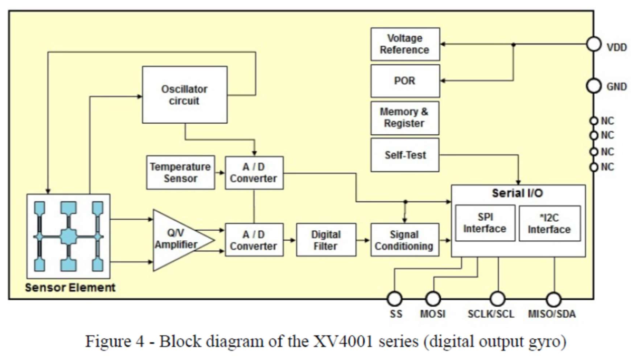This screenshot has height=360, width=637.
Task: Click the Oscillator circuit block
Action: coord(185,95)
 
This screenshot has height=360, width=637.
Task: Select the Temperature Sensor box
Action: coord(181,172)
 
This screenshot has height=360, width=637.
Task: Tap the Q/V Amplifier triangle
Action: coord(179,240)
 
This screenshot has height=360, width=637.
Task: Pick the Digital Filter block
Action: coord(326,240)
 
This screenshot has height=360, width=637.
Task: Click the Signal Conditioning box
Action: coord(404,240)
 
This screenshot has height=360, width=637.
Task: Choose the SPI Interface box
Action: coord(485,223)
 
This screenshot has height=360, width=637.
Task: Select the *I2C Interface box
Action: coord(549,223)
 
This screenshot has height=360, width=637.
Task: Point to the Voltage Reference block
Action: coord(405,44)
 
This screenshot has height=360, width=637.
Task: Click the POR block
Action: coord(405,81)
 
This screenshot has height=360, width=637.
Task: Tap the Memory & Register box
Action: coord(405,118)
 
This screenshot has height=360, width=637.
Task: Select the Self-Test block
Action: coord(405,155)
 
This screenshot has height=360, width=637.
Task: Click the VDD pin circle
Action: coord(594,44)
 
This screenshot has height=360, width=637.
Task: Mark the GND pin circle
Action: coord(594,86)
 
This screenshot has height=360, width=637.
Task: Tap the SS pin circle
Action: coord(395,299)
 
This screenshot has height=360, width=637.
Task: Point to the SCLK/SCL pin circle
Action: coord(497,299)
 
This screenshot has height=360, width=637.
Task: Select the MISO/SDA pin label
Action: coord(551,314)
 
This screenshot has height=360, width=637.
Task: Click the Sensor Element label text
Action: coord(70,288)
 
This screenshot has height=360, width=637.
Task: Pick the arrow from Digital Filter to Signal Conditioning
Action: coord(363,240)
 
